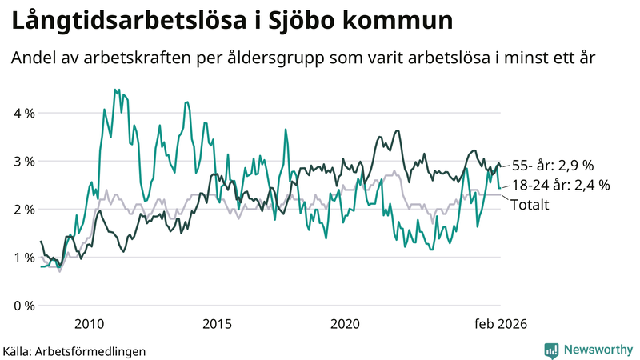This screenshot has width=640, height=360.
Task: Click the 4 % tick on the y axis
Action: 24,113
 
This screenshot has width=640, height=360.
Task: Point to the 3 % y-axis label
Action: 24,161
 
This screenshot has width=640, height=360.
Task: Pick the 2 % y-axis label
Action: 24,209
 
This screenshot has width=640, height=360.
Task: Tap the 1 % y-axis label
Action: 24,257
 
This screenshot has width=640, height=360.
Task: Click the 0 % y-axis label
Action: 24,306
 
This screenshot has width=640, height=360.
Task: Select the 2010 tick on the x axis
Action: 89,323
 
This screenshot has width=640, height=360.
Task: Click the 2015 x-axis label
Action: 217,323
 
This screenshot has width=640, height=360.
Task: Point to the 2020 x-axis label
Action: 345,323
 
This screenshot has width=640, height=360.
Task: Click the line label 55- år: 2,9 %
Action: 552,166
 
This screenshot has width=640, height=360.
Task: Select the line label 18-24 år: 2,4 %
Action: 560,185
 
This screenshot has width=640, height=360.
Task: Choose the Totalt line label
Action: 530,205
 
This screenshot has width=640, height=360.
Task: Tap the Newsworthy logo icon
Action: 551,350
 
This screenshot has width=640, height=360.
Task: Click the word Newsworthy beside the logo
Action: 597,350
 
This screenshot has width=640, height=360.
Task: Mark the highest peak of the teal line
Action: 115,90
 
